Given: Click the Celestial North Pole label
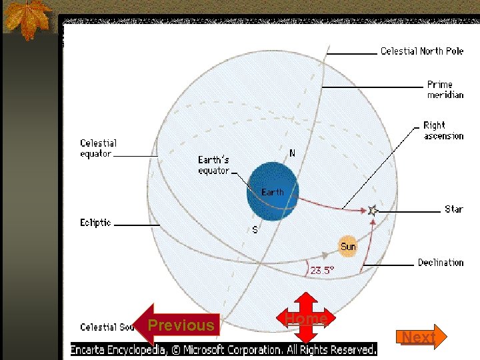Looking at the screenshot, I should point(422,51).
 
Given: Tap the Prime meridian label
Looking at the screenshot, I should point(445,89).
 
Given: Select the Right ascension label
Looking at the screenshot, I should point(443,131).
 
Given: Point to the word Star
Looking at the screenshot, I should point(454,209).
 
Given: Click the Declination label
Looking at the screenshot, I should point(441,263).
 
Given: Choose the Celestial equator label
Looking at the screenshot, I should point(98,148).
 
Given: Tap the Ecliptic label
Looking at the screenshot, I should point(95,223).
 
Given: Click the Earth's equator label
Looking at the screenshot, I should point(213,165).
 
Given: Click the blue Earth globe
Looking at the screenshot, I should point(272,191).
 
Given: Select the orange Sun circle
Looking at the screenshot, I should point(348,246).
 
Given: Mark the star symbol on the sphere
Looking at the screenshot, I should point(372,210).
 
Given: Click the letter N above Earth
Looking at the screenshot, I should point(292,153).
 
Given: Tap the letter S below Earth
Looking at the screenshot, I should point(255,229).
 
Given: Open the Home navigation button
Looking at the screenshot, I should point(306,319).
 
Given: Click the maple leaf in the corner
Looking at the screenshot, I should point(27,18).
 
